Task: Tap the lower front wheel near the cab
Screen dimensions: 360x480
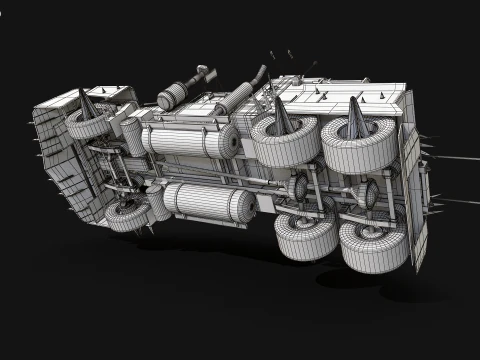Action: [x=126, y=215]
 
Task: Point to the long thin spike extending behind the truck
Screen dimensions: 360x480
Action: [x=455, y=156]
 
